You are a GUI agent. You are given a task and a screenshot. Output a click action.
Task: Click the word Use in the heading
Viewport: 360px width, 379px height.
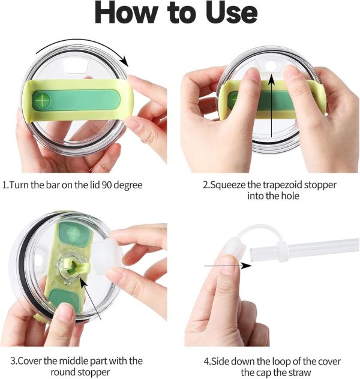(232, 13)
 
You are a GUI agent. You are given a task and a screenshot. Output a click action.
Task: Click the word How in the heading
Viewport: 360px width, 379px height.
(126, 13)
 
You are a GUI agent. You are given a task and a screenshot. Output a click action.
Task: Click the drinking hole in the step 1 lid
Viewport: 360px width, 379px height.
(76, 65)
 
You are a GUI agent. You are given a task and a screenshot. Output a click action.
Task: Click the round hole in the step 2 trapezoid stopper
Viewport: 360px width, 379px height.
(270, 66)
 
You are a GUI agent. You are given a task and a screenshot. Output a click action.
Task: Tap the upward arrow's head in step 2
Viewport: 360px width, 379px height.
(272, 79)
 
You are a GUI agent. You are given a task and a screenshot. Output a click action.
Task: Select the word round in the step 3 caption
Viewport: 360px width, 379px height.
(64, 372)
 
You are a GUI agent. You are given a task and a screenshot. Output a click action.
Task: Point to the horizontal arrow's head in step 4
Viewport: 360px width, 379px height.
(247, 266)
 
